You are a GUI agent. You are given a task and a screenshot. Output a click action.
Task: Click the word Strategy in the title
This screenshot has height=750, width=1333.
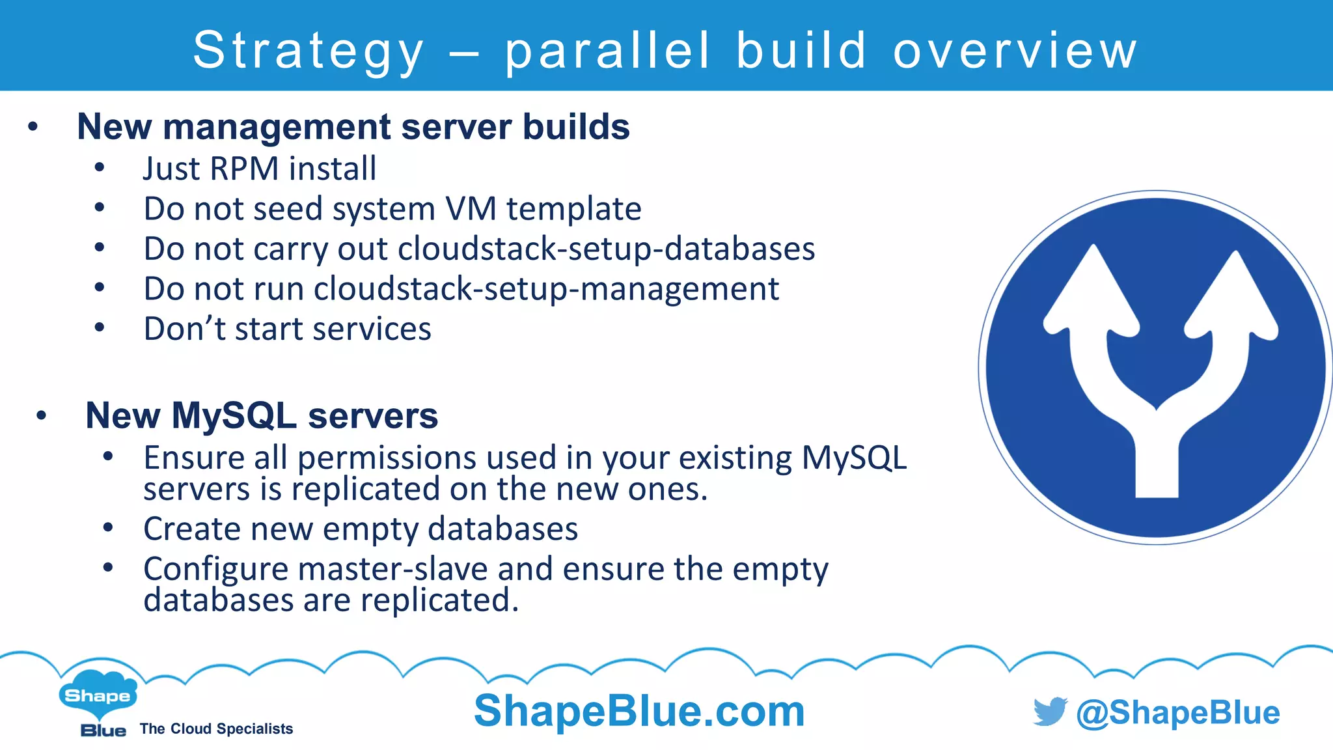[x=309, y=51]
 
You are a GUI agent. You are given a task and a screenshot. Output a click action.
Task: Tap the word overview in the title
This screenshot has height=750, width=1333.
[x=1015, y=51]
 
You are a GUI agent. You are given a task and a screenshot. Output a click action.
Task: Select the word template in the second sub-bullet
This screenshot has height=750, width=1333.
[x=574, y=209]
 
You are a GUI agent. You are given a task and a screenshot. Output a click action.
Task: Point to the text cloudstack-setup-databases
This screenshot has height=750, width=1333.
[x=606, y=249]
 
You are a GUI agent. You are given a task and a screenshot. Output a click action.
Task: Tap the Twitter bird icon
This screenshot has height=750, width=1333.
[x=1050, y=711]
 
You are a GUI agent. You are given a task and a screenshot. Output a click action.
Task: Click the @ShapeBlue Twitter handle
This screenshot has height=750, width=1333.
[x=1177, y=712]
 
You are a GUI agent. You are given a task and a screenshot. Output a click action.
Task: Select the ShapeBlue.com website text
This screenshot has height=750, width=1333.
[x=639, y=710]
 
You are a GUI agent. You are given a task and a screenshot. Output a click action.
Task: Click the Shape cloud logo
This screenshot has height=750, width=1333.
[x=98, y=695]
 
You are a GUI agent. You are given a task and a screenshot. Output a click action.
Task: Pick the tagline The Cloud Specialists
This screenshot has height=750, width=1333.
[x=216, y=729]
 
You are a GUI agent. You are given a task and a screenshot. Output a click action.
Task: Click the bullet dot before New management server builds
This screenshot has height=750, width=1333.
[x=33, y=127]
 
